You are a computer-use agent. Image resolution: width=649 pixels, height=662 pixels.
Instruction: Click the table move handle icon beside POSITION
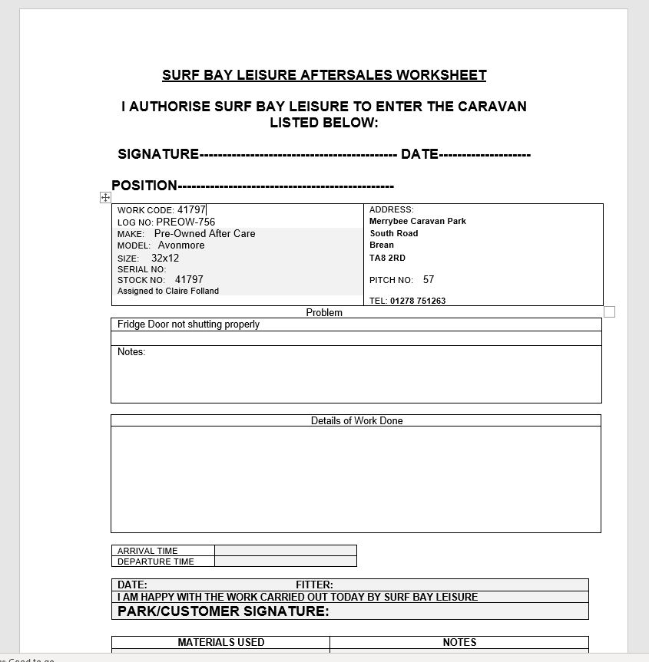[x=105, y=198]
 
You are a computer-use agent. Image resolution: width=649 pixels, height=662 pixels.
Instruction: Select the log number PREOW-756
[x=185, y=222]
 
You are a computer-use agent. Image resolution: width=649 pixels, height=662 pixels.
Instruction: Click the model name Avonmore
[x=181, y=245]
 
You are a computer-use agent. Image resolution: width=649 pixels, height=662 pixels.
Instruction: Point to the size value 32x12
[x=165, y=259]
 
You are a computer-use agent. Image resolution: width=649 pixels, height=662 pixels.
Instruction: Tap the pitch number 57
[x=429, y=280]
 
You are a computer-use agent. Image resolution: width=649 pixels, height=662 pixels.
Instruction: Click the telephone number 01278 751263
[x=418, y=301]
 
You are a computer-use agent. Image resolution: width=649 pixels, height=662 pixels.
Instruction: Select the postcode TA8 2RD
[x=387, y=258]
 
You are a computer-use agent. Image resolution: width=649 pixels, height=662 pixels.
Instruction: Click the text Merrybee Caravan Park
[x=418, y=221]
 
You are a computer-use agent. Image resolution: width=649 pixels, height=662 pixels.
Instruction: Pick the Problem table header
[x=324, y=312]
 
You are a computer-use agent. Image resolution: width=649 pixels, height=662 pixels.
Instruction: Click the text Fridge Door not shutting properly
[x=188, y=324]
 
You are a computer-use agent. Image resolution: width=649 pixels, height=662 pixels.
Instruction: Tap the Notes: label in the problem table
[x=131, y=352]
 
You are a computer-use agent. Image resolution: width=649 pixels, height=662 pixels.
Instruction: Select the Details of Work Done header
[x=356, y=420]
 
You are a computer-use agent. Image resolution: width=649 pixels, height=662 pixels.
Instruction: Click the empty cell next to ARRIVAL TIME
[x=285, y=550]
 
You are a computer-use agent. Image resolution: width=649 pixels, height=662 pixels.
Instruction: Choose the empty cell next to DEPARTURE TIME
[x=285, y=561]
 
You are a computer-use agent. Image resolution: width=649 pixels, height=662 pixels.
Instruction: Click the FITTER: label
[x=314, y=585]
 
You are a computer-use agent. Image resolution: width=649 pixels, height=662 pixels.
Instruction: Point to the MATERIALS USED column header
[x=221, y=642]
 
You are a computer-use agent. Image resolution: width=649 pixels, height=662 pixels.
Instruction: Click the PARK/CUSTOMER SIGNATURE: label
[x=223, y=611]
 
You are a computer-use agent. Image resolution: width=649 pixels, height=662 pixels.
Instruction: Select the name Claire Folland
[x=192, y=291]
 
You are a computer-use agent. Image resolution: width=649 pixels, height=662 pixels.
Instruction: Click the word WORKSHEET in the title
[x=444, y=75]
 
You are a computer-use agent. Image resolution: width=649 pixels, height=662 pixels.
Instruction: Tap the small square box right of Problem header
[x=610, y=311]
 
